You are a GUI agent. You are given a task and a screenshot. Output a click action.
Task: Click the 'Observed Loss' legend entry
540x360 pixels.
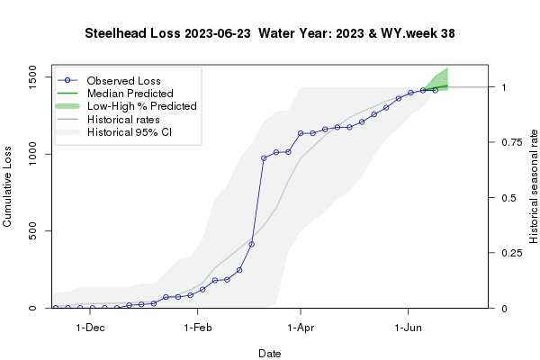click(x=123, y=80)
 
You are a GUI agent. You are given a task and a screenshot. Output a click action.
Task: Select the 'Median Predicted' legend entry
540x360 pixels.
click(x=130, y=93)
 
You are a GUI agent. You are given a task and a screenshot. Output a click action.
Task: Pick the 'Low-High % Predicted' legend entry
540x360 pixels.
click(x=140, y=106)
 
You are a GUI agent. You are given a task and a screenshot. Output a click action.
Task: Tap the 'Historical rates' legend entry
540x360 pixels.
click(x=123, y=119)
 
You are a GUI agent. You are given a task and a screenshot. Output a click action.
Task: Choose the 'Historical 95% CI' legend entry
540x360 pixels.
click(x=129, y=132)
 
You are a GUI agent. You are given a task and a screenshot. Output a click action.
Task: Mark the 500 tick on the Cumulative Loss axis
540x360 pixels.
click(x=35, y=231)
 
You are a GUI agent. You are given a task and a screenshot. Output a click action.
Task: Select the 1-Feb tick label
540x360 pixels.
click(x=196, y=328)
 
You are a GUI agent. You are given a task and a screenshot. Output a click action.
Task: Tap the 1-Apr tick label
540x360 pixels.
click(x=300, y=328)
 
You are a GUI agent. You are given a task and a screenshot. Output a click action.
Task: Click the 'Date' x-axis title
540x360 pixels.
click(x=269, y=354)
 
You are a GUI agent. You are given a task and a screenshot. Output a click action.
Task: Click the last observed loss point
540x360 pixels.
click(x=436, y=90)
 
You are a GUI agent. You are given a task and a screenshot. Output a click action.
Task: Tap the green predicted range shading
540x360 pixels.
click(x=441, y=80)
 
